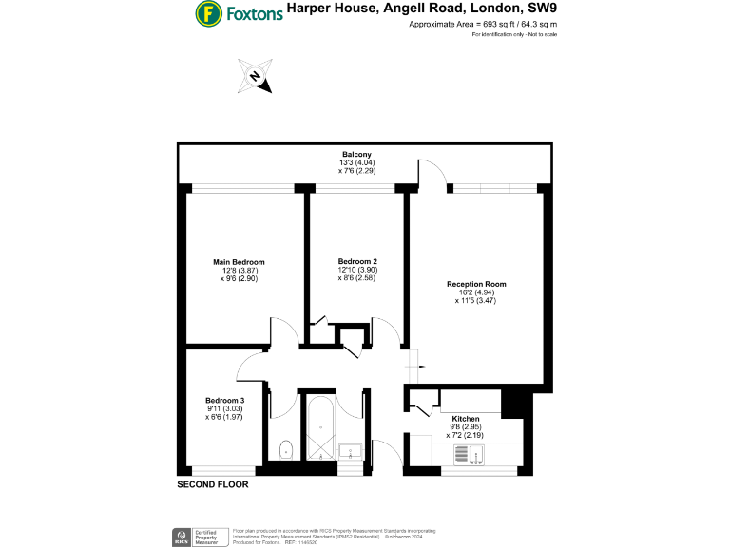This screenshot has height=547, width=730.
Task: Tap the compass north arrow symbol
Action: pos(256,77)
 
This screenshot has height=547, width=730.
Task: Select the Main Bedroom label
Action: pos(238,262)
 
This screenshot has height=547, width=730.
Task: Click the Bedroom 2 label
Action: pos(357,262)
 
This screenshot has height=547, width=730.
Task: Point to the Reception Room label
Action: pos(476,284)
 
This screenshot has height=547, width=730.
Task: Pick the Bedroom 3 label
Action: pos(225,400)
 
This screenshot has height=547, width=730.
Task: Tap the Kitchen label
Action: pos(466,419)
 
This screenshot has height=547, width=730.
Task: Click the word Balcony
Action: pos(356,155)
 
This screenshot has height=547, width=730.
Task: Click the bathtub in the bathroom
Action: pos(320,427)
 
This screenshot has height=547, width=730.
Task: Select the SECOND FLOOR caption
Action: pos(213,484)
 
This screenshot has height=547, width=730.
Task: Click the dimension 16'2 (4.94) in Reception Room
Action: pos(476,292)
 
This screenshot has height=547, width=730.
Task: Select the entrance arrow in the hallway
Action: pos(413,368)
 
